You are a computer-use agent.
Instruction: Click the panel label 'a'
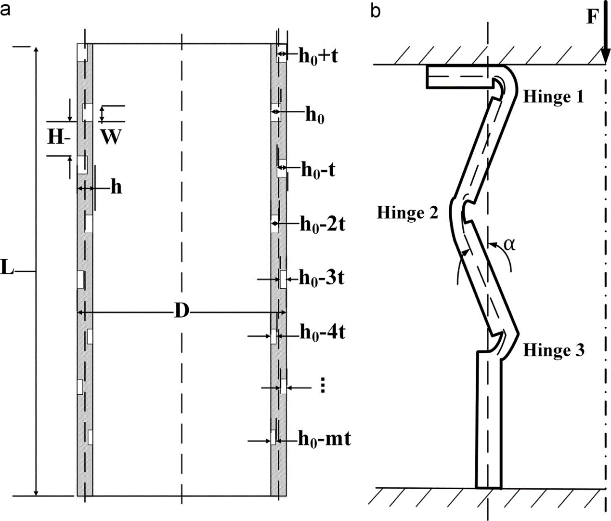[x=5, y=10]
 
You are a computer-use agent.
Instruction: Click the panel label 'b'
[x=375, y=10]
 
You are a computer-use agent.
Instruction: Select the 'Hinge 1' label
[x=553, y=97]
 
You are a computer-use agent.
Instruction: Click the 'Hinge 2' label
[x=407, y=212]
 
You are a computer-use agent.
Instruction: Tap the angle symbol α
[x=509, y=244]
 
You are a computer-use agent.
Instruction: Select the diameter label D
[x=181, y=313]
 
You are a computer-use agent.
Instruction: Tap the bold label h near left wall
[x=116, y=187]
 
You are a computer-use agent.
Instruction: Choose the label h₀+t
[x=318, y=56]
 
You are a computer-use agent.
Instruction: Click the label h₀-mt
[x=324, y=440]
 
